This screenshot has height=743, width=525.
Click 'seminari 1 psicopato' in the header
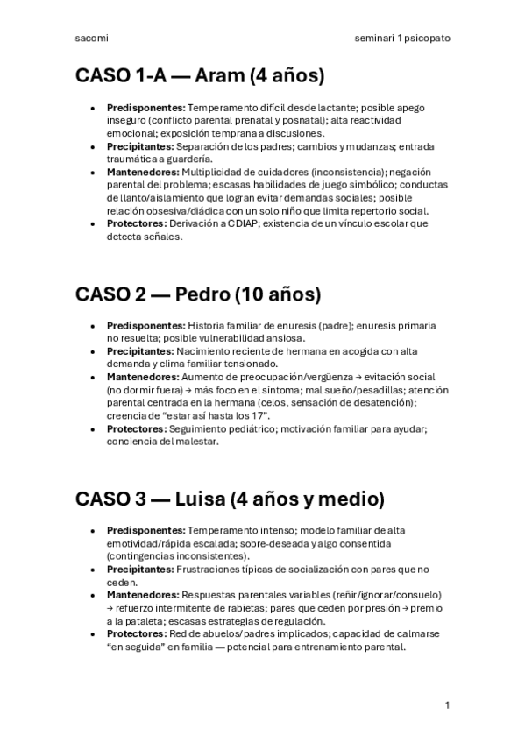coord(402,39)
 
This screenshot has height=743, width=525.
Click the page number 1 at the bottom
coord(447,704)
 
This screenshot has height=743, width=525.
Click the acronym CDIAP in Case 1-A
coord(250,223)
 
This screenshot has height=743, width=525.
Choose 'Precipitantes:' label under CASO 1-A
coord(140,146)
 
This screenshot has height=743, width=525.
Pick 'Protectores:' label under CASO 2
coord(137,429)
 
